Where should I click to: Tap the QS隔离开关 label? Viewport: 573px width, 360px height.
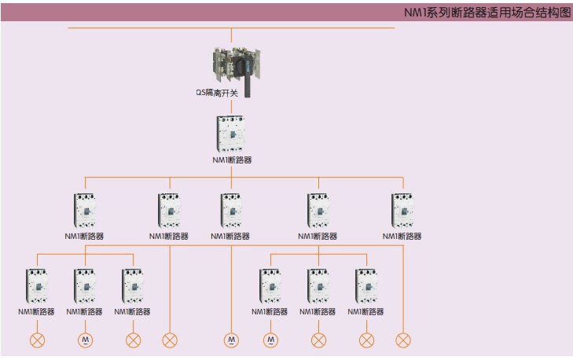click(220, 92)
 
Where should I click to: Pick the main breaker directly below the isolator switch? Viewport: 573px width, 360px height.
click(231, 134)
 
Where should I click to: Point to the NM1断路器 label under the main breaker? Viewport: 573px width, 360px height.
click(232, 160)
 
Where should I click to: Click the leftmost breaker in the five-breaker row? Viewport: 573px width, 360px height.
click(84, 211)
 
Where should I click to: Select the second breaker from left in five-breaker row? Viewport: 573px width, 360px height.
click(170, 211)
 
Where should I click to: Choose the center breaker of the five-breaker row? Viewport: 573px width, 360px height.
click(231, 211)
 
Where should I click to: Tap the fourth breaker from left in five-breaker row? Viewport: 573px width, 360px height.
click(318, 211)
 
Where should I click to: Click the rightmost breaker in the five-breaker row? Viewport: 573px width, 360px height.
click(402, 211)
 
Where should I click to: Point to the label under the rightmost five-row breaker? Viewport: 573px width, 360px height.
click(402, 236)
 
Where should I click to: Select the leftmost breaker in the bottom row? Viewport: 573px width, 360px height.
click(37, 286)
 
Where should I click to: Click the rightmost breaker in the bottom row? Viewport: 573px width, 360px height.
click(365, 286)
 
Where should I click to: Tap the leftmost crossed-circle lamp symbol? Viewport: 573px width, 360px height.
click(37, 340)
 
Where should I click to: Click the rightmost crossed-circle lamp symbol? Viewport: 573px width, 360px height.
click(403, 340)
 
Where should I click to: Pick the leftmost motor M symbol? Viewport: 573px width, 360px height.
click(85, 340)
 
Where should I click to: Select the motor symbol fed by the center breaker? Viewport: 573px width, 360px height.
click(231, 340)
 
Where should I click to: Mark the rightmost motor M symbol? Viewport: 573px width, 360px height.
click(270, 340)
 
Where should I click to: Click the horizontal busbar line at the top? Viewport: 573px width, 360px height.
click(157, 28)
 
